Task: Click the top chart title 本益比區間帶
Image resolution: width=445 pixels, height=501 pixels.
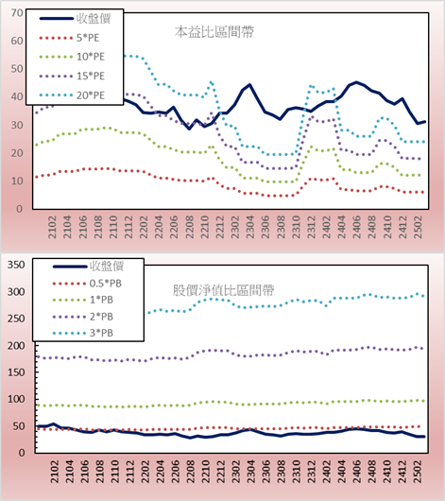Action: pos(214,32)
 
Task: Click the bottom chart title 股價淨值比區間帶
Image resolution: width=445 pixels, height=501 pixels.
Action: pos(223,290)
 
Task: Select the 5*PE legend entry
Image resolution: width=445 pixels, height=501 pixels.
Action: pos(69,38)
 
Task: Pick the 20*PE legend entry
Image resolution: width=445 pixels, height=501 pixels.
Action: pos(72,95)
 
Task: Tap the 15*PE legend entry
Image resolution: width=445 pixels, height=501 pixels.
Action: pos(72,76)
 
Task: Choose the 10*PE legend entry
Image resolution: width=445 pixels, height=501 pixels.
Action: pos(72,57)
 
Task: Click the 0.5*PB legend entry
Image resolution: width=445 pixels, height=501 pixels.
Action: pos(87,284)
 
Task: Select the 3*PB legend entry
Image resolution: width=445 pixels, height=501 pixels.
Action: pos(83,333)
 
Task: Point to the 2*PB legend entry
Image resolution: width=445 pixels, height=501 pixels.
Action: pos(83,317)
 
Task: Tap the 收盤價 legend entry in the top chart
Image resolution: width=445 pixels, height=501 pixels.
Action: pos(75,19)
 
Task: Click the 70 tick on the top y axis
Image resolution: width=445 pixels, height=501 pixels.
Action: pos(17,13)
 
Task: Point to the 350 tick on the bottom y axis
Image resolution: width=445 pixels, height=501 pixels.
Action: pos(16,265)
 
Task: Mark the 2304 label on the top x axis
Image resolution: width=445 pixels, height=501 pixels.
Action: pos(250,227)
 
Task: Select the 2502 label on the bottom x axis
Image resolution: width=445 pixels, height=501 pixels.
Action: pos(418,472)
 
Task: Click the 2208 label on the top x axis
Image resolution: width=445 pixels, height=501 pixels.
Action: pos(190,227)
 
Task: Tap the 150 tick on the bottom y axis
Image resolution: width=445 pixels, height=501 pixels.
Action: pos(16,372)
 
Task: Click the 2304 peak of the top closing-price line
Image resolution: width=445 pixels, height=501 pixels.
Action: pos(249,85)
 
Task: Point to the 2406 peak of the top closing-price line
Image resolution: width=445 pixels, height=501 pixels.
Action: pos(356,82)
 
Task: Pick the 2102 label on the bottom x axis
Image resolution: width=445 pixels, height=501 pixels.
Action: pos(55,472)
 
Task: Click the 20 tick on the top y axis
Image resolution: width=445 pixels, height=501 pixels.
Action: pos(17,153)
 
